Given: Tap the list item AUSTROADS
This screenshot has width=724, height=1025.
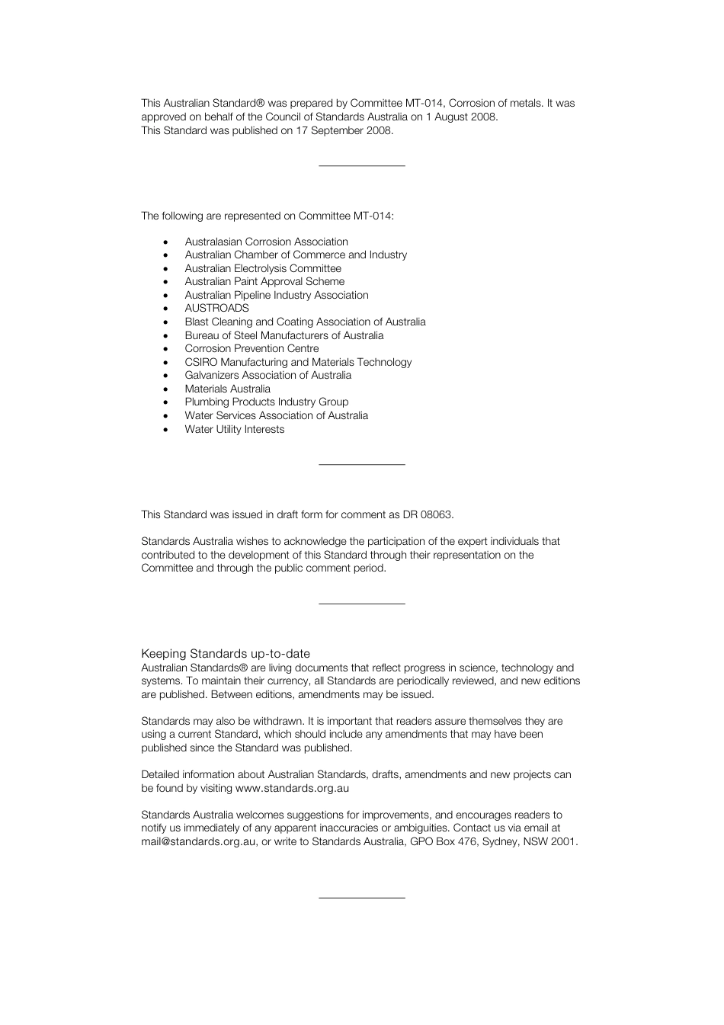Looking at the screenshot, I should coord(216,309).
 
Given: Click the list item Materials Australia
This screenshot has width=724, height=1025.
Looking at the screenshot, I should coord(227,389).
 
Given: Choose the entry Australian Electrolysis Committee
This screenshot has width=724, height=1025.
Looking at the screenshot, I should coord(263,268).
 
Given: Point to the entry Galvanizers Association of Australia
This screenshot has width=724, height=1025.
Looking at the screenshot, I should coord(267,376).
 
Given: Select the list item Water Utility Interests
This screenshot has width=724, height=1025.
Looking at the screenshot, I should coord(234,429).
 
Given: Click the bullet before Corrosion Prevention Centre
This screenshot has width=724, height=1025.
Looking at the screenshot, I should coord(165,349).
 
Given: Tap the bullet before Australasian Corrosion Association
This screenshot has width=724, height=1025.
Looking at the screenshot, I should coord(165,242).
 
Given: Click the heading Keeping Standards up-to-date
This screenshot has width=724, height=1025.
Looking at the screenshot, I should coord(226,654).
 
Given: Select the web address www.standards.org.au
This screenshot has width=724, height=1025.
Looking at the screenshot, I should coord(292,789).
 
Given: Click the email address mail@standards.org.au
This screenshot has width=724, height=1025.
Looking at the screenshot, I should coord(198,842).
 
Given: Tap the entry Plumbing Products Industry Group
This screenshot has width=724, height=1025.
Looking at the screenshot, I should coord(266,402).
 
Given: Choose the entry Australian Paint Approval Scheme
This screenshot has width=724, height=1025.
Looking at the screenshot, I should coord(264,282).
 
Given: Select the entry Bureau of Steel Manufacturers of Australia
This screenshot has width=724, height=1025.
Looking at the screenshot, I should coord(284,335).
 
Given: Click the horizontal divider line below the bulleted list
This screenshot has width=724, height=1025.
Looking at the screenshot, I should coord(361,464).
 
